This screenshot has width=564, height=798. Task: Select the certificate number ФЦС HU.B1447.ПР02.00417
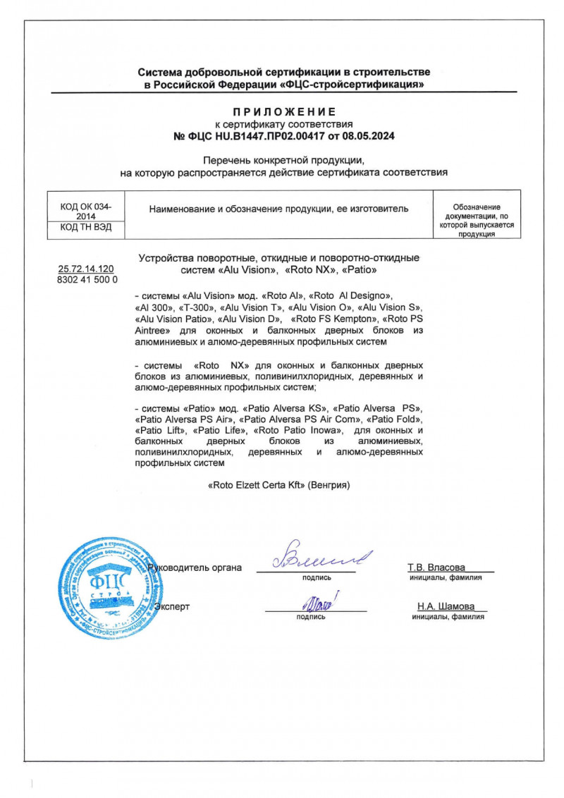click(x=251, y=135)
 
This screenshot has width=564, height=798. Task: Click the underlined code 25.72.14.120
click(x=87, y=269)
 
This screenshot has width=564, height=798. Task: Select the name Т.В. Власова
click(x=436, y=567)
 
